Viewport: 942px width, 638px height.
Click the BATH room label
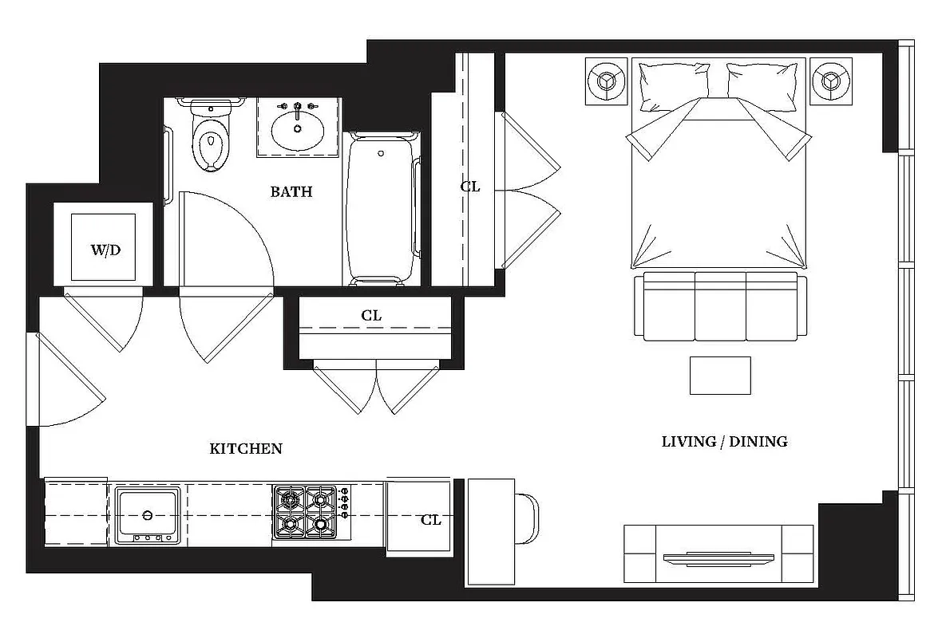pyautogui.click(x=291, y=191)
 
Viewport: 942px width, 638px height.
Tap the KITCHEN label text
pyautogui.click(x=246, y=449)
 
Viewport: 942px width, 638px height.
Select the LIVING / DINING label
pyautogui.click(x=724, y=441)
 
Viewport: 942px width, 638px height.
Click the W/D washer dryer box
pyautogui.click(x=105, y=249)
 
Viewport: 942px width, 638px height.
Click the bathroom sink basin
pyautogui.click(x=297, y=128)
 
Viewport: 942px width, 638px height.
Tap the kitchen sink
pyautogui.click(x=147, y=514)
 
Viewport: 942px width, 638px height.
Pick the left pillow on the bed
pyautogui.click(x=674, y=82)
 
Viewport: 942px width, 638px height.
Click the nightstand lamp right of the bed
pyautogui.click(x=832, y=81)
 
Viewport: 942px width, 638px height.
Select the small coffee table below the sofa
pyautogui.click(x=720, y=375)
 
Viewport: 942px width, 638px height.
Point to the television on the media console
pyautogui.click(x=718, y=557)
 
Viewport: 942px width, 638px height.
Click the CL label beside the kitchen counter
pyautogui.click(x=431, y=520)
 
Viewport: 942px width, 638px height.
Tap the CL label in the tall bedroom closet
pyautogui.click(x=470, y=187)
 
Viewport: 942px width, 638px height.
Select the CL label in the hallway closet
pyautogui.click(x=371, y=316)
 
